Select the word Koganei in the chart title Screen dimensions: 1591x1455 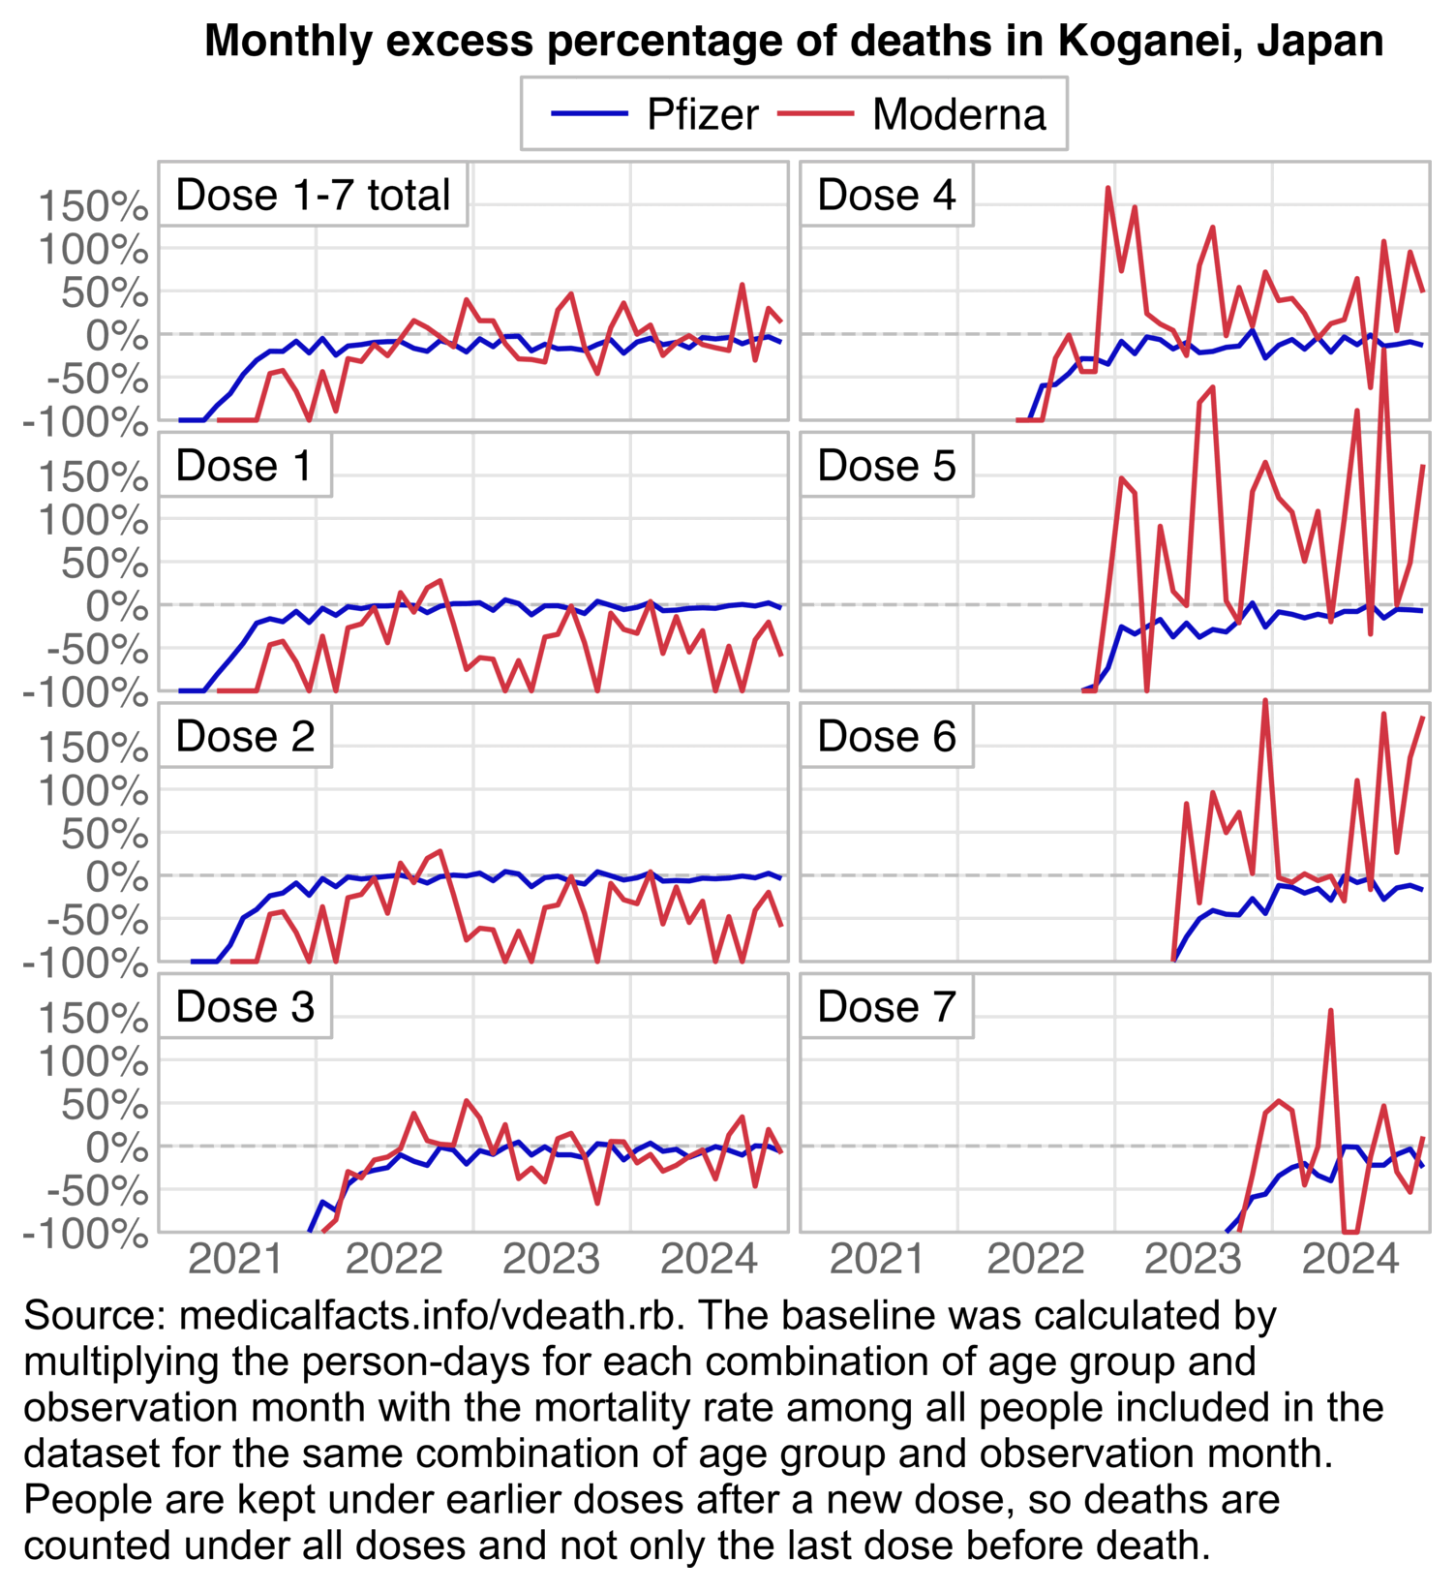tap(1131, 41)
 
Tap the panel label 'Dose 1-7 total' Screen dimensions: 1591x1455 tap(313, 195)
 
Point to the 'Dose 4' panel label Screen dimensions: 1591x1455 tap(886, 195)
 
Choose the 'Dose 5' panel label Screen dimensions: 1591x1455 tap(886, 466)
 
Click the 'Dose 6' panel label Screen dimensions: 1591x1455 tap(886, 736)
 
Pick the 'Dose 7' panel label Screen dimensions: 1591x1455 tap(886, 1007)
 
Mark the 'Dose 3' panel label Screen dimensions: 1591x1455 tap(245, 1007)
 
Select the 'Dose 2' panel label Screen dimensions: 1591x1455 tap(245, 736)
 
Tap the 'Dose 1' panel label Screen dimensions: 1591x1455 tap(244, 466)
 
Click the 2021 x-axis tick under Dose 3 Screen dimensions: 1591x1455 tap(235, 1260)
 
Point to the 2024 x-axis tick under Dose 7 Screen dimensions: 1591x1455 tap(1350, 1260)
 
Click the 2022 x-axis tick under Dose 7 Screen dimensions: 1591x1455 tap(1035, 1260)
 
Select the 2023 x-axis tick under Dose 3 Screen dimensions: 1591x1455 tap(551, 1260)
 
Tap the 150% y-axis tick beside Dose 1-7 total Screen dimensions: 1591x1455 tap(93, 207)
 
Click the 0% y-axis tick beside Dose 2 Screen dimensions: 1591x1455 tap(116, 877)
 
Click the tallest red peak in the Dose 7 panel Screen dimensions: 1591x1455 tap(1331, 1011)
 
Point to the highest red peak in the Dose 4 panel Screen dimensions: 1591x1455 tap(1108, 188)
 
